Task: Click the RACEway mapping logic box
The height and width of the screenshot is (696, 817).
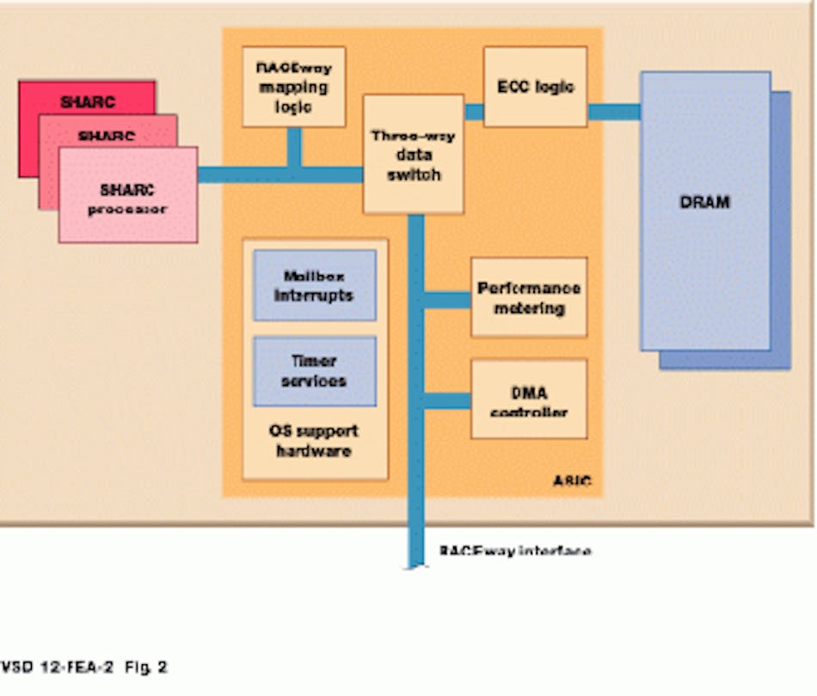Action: pyautogui.click(x=293, y=87)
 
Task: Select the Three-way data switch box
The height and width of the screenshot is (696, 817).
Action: pyautogui.click(x=413, y=155)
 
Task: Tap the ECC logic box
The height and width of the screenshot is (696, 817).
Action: pyautogui.click(x=535, y=87)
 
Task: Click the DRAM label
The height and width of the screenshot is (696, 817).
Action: pyautogui.click(x=704, y=203)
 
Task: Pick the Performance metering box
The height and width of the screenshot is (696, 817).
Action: pyautogui.click(x=529, y=297)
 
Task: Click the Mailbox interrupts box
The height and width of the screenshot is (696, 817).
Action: pyautogui.click(x=315, y=285)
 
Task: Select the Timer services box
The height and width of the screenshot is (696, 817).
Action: pyautogui.click(x=315, y=371)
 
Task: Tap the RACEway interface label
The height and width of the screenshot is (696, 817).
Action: pyautogui.click(x=514, y=551)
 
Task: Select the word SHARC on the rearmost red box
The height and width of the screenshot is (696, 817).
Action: pyautogui.click(x=87, y=101)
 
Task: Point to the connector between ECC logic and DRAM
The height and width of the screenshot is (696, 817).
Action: pyautogui.click(x=614, y=112)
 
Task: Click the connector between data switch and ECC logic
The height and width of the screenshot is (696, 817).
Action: pyautogui.click(x=474, y=112)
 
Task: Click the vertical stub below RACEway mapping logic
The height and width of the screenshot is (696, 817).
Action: pyautogui.click(x=294, y=146)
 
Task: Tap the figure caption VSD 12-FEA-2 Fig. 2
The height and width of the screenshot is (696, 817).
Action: pyautogui.click(x=84, y=667)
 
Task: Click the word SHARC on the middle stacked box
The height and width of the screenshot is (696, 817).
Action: pyautogui.click(x=107, y=136)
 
